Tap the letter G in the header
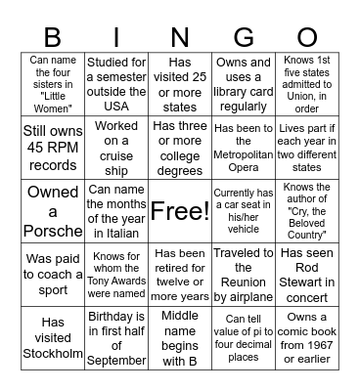pyautogui.click(x=244, y=37)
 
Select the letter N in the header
pyautogui.click(x=180, y=37)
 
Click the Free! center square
pyautogui.click(x=180, y=210)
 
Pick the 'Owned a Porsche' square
pyautogui.click(x=53, y=210)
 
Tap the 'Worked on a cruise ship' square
pyautogui.click(x=116, y=147)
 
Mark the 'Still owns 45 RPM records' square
pyautogui.click(x=53, y=147)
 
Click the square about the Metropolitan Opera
pyautogui.click(x=244, y=147)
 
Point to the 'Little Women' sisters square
pyautogui.click(x=53, y=83)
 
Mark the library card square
pyautogui.click(x=244, y=83)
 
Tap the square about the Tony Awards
pyautogui.click(x=116, y=274)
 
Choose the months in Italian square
pyautogui.click(x=116, y=210)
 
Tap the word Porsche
pyautogui.click(x=53, y=232)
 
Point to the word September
pyautogui.click(x=116, y=361)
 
